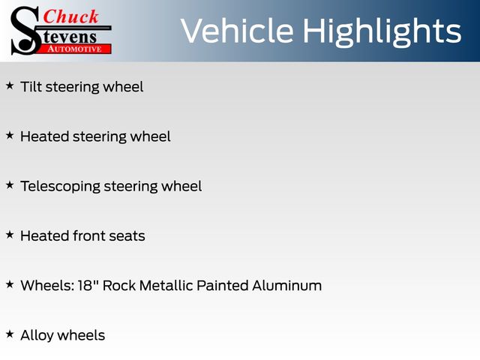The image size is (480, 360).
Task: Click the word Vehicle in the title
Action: pos(236,31)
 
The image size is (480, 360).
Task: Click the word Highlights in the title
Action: pos(382,32)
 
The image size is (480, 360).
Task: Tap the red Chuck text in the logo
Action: pos(71,16)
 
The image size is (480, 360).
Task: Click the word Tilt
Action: pos(31,87)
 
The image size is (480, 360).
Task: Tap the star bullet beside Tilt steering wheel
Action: pos(10,86)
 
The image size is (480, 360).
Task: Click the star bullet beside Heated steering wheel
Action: pos(10,136)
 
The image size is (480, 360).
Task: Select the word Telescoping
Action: pos(60,187)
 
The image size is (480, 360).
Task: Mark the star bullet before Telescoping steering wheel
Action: pos(10,185)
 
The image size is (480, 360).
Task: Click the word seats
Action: pos(125,236)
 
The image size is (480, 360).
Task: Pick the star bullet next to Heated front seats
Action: pos(10,235)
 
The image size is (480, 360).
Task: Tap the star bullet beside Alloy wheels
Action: pos(10,334)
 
